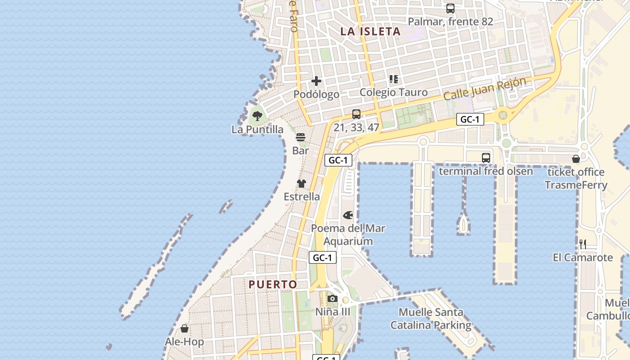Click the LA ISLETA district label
point(370,31)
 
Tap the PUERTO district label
point(273,284)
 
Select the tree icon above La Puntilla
point(257,116)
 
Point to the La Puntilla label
point(257,130)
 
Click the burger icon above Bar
point(301,137)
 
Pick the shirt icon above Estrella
point(301,184)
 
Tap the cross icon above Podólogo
point(316,81)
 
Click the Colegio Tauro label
point(393,92)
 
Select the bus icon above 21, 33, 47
point(356,114)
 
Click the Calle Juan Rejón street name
point(484,89)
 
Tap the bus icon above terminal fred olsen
point(486,157)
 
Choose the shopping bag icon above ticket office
point(576,159)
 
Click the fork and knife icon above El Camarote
point(583,244)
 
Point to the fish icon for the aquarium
point(348,215)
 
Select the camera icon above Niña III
point(333,298)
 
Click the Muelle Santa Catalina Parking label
point(431,319)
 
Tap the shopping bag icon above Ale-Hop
point(184,328)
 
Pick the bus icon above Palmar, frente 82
point(450,9)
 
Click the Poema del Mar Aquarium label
point(348,234)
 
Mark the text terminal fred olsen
point(486,171)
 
